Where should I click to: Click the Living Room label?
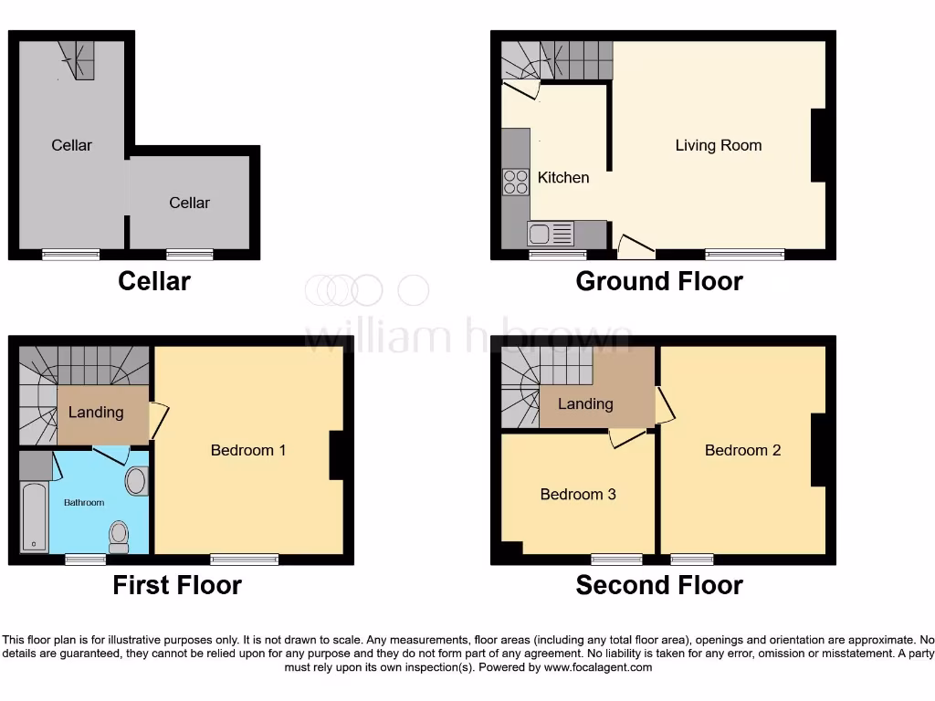(718, 145)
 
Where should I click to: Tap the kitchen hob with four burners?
(516, 183)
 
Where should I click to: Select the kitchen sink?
(551, 235)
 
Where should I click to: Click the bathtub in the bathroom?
(35, 518)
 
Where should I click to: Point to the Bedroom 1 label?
(248, 450)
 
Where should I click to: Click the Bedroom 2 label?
(742, 450)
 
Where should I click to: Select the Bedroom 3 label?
(578, 494)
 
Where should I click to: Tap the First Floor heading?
(177, 585)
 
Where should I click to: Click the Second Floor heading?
(659, 585)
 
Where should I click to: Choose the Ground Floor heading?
(659, 281)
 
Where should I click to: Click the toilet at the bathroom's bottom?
(119, 536)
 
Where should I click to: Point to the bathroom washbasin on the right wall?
(137, 481)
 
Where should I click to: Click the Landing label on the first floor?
(96, 412)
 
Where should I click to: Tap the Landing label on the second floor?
(585, 403)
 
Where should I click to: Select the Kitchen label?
(563, 177)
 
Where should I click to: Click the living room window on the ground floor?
(744, 254)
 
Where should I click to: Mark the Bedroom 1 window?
(244, 559)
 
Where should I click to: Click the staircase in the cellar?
(81, 60)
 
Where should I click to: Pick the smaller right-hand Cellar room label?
(190, 203)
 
